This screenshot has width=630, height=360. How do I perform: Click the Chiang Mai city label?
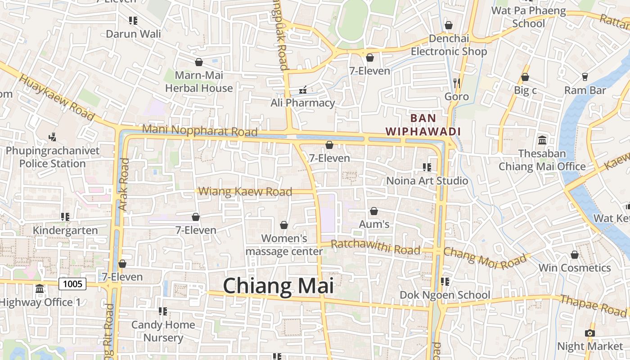[x=278, y=286]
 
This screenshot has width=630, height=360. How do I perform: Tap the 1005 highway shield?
[x=72, y=283]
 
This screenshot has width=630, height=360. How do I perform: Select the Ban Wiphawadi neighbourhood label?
[x=423, y=125]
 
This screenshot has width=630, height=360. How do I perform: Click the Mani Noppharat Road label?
[x=200, y=130]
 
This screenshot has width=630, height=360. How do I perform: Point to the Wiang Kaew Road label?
[x=245, y=192]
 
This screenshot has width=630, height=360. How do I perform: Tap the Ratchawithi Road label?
[x=376, y=247]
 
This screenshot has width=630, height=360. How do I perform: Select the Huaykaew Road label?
[x=58, y=98]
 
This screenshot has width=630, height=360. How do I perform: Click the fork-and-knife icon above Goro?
[x=457, y=83]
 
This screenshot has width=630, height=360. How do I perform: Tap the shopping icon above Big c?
[x=525, y=77]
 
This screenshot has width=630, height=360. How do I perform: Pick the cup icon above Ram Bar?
[x=585, y=77]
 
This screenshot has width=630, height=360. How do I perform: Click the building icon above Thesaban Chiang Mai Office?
[x=542, y=140]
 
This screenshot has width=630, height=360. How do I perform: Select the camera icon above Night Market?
[x=589, y=333]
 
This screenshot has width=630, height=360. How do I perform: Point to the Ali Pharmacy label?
[x=303, y=103]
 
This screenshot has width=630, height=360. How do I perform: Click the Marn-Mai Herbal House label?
[x=199, y=81]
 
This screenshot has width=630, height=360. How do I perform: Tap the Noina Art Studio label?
[x=427, y=181]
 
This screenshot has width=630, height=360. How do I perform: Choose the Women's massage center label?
[x=284, y=245]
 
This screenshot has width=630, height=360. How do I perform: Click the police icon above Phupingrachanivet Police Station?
[x=53, y=136]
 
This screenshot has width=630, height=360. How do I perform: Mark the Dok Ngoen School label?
[x=445, y=295]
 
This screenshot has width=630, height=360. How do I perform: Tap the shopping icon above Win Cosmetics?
[x=575, y=255]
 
